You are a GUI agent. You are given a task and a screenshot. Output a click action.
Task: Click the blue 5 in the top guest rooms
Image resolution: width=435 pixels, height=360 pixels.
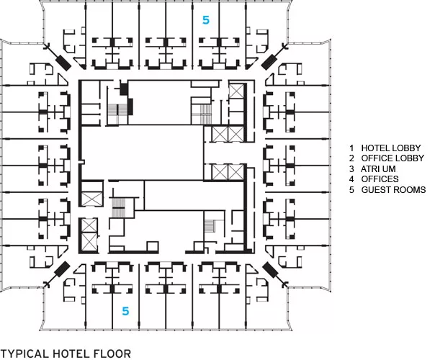pos(205,20)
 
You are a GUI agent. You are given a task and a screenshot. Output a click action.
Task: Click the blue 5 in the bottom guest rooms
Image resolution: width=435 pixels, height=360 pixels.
pos(125,311)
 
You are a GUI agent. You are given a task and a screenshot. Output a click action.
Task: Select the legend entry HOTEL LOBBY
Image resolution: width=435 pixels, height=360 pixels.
pos(390,148)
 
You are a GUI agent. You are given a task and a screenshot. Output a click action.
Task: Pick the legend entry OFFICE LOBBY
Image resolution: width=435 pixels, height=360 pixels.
pos(393,158)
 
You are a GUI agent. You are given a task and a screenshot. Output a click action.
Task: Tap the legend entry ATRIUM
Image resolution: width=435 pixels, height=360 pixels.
pos(378,168)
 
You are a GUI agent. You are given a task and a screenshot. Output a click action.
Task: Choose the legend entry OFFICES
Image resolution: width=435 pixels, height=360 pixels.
pos(380,179)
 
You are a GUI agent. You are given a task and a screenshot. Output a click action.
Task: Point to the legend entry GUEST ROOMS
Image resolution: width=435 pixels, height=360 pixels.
pos(393,189)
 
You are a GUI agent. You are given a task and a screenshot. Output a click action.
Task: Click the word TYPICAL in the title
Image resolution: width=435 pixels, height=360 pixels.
pos(24,354)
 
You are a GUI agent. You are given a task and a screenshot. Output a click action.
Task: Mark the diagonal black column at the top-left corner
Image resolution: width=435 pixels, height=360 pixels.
pos(63,63)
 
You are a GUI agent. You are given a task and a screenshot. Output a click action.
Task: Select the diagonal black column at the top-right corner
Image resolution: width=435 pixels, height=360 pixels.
pos(269,63)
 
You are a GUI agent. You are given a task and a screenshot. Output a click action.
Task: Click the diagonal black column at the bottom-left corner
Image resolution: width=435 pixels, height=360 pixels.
pos(63,269)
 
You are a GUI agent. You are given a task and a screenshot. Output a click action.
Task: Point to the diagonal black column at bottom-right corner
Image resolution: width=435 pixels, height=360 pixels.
pos(270,269)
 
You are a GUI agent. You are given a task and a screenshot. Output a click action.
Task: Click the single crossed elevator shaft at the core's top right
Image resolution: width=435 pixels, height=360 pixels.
pos(236,91)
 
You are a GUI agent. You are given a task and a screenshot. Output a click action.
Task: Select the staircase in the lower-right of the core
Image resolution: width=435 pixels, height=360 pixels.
pos(210,226)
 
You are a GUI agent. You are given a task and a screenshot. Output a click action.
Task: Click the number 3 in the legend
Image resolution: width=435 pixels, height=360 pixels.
pos(351,168)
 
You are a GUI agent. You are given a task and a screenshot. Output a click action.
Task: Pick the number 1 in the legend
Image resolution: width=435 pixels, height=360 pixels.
pos(351,148)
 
